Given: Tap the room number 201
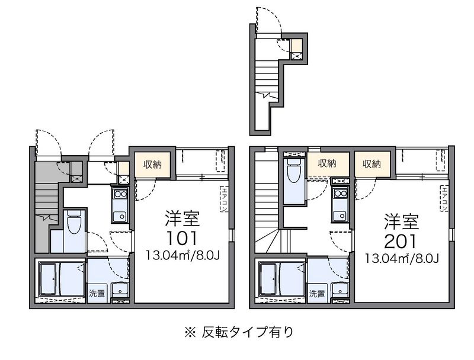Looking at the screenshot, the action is pyautogui.click(x=401, y=241).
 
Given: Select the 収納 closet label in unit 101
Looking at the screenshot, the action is pyautogui.click(x=152, y=165).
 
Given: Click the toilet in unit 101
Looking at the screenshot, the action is pyautogui.click(x=74, y=222).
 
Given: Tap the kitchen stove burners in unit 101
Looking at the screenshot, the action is pyautogui.click(x=120, y=194).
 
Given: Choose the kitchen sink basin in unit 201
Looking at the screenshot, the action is pyautogui.click(x=340, y=216).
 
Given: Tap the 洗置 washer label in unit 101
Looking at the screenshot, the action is pyautogui.click(x=97, y=293).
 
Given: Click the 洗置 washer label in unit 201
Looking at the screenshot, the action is pyautogui.click(x=317, y=293).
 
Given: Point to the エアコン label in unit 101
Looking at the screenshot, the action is pyautogui.click(x=225, y=200).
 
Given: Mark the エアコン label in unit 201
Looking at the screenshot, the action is pyautogui.click(x=444, y=199).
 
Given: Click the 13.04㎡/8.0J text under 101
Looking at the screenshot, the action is pyautogui.click(x=182, y=256).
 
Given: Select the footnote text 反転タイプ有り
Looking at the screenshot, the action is pyautogui.click(x=248, y=332).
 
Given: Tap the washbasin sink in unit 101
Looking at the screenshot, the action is pyautogui.click(x=120, y=290).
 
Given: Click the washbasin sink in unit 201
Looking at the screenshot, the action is pyautogui.click(x=340, y=290).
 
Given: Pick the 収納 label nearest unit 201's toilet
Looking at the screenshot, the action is pyautogui.click(x=327, y=163).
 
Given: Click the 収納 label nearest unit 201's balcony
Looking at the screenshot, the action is pyautogui.click(x=371, y=164).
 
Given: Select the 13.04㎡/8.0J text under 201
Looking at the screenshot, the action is pyautogui.click(x=402, y=258).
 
